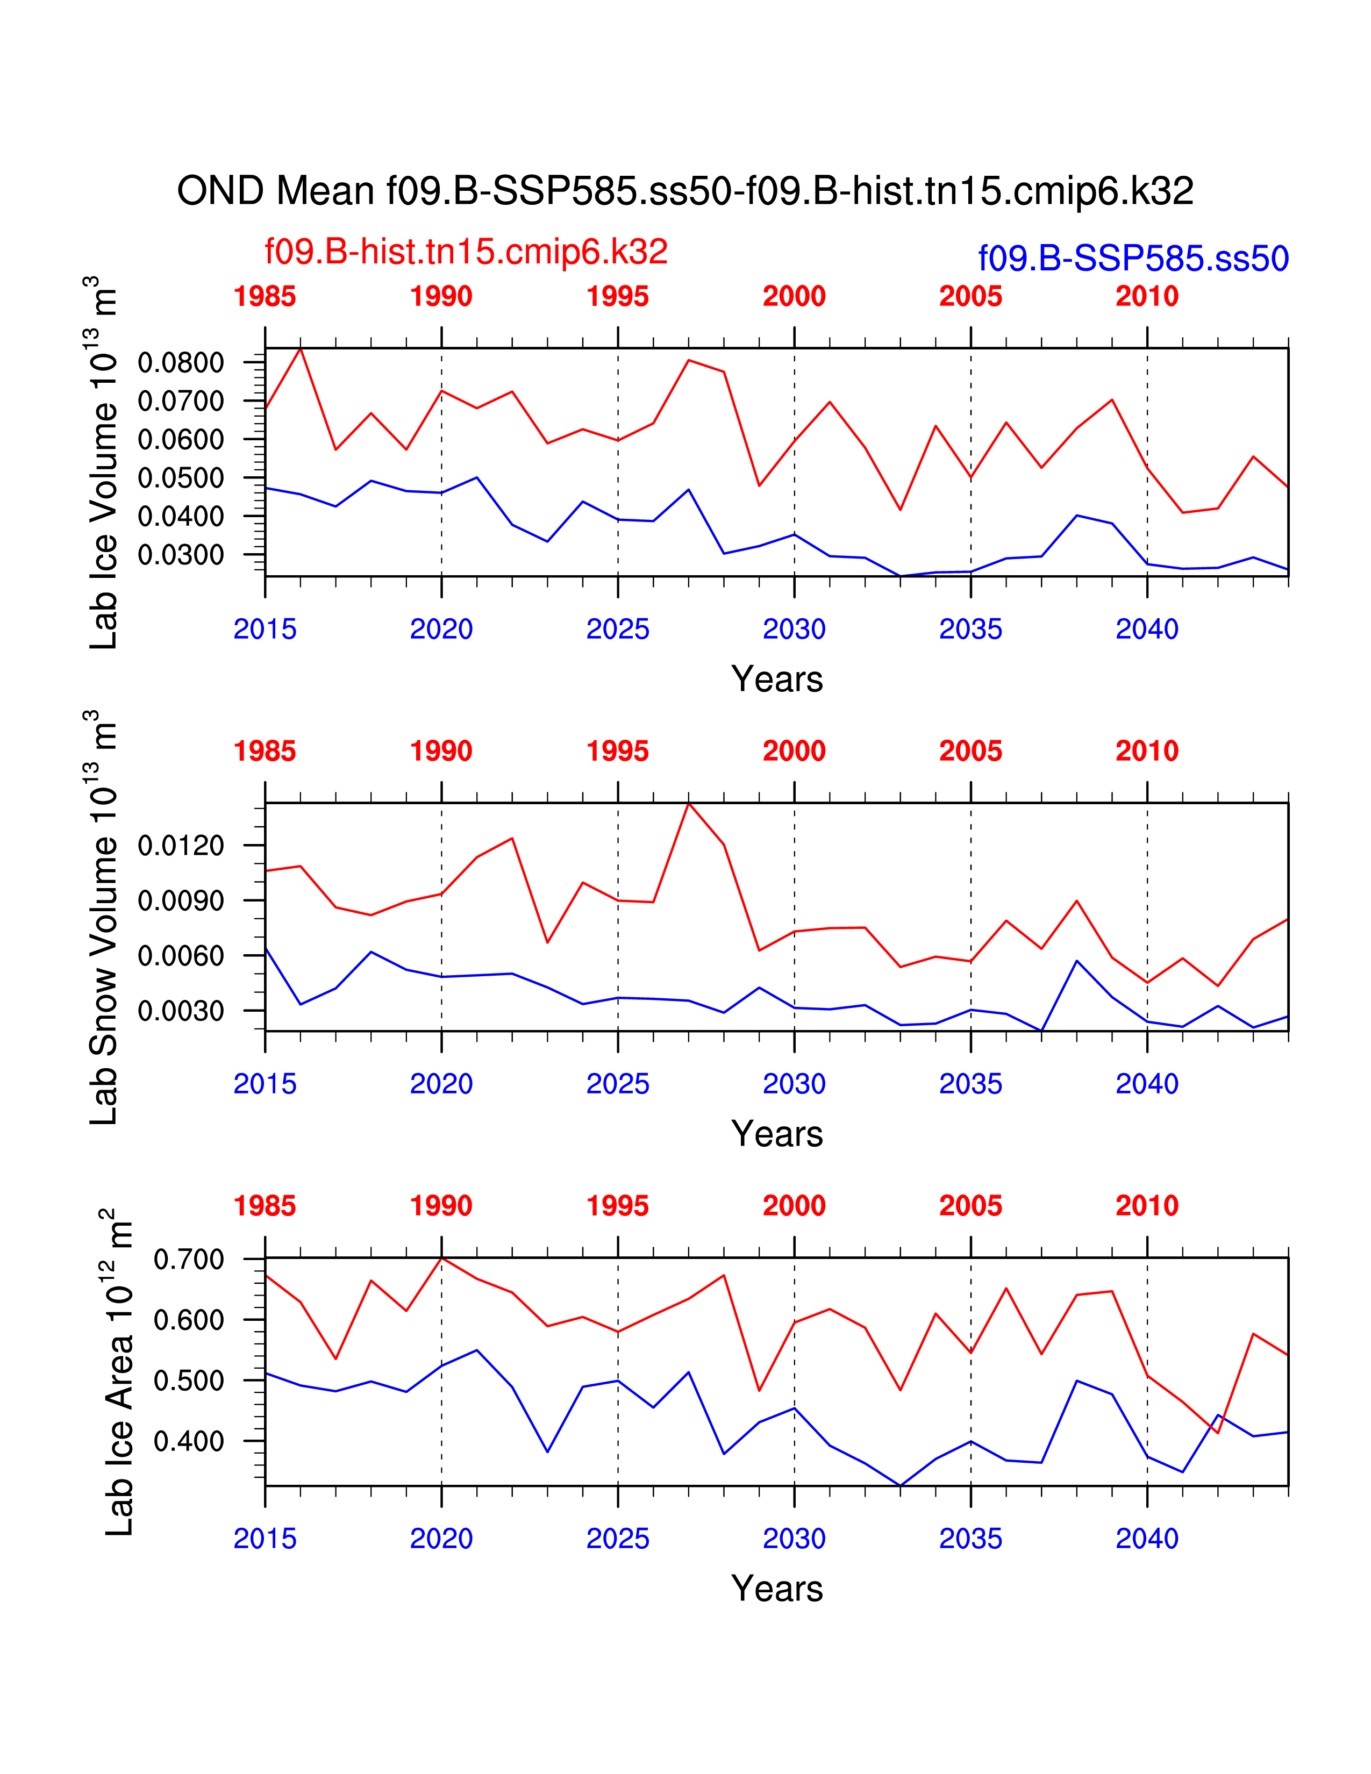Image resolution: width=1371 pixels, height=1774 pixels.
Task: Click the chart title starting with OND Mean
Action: coord(684,191)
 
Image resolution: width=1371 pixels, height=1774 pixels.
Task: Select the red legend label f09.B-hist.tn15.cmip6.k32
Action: coord(466,252)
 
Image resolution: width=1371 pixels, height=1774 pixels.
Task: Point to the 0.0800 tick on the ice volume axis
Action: coord(180,362)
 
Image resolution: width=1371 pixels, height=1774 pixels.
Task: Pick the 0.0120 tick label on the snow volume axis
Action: coord(180,846)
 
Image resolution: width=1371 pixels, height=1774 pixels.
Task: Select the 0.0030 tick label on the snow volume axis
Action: coord(180,1011)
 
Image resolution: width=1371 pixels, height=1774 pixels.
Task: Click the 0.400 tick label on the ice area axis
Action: coord(188,1441)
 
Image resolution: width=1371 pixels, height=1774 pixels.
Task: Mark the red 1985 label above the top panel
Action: coord(265,297)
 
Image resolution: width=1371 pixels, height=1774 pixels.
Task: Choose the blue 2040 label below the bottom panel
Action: coord(1147,1539)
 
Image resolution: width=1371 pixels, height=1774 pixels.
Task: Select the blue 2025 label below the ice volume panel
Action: coord(618,630)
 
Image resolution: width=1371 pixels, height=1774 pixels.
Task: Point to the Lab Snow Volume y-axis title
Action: coord(104,917)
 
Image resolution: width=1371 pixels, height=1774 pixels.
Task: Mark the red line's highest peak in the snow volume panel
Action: coord(689,803)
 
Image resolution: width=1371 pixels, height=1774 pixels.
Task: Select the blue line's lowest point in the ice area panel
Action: coord(900,1486)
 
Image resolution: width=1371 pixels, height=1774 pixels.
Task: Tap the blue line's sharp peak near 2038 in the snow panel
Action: coord(1077,961)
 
